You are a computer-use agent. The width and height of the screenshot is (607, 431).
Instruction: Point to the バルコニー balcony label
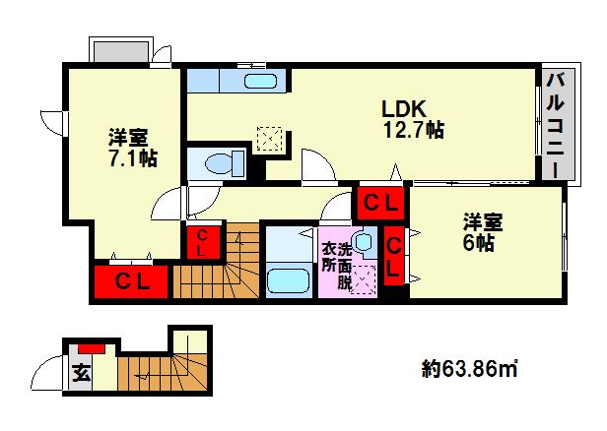coord(553,124)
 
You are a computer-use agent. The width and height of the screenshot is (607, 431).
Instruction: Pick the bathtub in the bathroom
coord(289,280)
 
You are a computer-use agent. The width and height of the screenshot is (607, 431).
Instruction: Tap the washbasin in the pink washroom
coord(363,241)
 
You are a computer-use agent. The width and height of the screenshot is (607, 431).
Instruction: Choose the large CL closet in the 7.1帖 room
coord(132,281)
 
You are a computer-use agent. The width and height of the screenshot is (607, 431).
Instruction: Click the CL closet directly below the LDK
coord(380,203)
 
